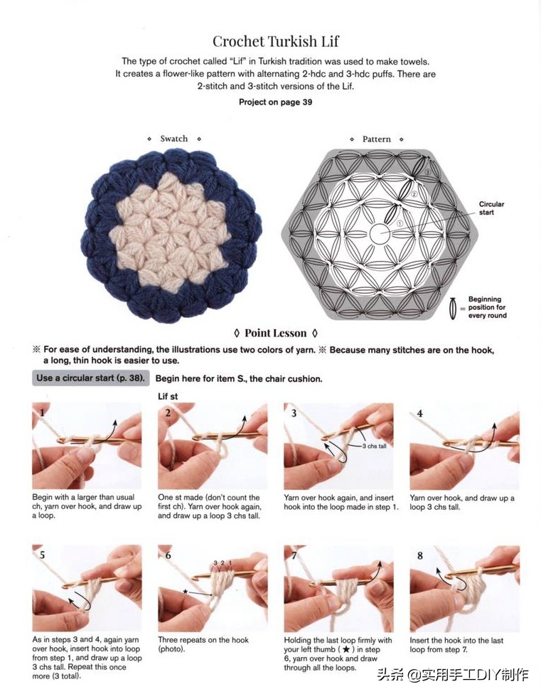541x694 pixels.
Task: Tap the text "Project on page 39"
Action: [275, 102]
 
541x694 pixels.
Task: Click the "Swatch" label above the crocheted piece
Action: [173, 139]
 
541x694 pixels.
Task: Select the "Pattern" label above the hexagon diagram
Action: [377, 139]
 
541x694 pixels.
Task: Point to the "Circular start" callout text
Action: [491, 208]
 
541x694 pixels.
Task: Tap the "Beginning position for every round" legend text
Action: [486, 307]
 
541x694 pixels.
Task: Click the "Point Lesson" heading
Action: [275, 333]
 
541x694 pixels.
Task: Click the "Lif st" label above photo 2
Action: [168, 396]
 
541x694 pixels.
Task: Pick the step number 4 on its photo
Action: [420, 412]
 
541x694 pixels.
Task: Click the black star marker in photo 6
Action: [185, 591]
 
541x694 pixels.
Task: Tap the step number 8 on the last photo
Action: [420, 555]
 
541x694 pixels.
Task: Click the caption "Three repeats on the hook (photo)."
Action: [203, 644]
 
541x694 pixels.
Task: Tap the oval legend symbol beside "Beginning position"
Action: [453, 308]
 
